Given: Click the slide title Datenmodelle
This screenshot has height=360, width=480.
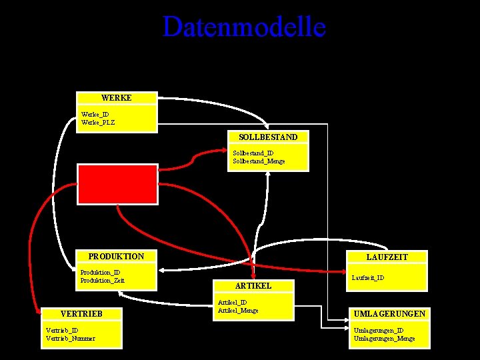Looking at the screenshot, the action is [244, 27].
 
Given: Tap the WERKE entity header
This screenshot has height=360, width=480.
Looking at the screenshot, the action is [117, 98].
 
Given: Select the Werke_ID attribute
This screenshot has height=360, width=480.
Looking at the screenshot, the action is [95, 114].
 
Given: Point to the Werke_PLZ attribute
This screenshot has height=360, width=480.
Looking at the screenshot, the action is [98, 122].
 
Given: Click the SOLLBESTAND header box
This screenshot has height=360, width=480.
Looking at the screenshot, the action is [268, 137].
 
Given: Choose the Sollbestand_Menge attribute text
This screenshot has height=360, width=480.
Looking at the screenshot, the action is [259, 161].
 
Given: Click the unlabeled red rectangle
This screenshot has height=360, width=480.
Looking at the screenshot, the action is [118, 183].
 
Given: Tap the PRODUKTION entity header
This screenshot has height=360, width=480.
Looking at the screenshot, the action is [116, 256].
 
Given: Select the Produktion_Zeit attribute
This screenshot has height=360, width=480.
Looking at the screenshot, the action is [102, 280].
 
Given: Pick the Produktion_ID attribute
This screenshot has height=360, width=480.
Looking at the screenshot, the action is [100, 272].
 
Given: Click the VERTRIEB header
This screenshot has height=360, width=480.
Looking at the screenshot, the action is [81, 313].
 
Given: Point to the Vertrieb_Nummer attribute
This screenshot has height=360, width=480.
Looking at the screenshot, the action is [70, 338].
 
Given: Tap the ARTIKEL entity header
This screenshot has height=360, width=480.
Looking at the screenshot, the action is [253, 285].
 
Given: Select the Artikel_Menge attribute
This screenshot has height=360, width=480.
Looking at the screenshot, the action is [238, 310].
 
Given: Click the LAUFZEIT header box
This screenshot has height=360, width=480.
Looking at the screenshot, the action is [387, 257].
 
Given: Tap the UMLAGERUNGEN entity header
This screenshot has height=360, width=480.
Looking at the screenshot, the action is [389, 313].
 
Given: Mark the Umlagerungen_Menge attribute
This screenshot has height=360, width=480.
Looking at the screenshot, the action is [383, 338].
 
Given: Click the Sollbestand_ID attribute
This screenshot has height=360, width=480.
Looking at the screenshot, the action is [253, 153].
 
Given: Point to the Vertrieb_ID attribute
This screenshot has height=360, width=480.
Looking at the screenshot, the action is [62, 330].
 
